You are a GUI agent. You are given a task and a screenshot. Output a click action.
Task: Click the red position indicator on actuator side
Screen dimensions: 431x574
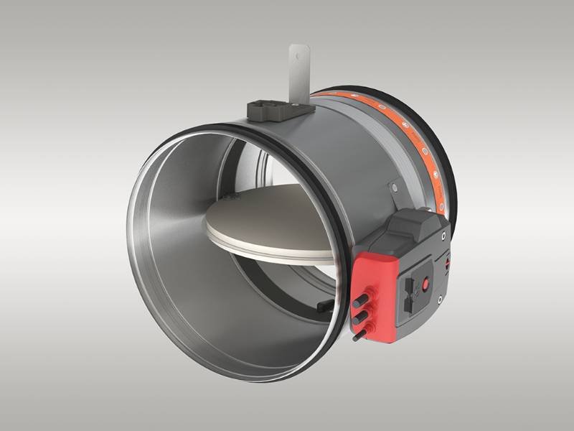pos(447,267)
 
